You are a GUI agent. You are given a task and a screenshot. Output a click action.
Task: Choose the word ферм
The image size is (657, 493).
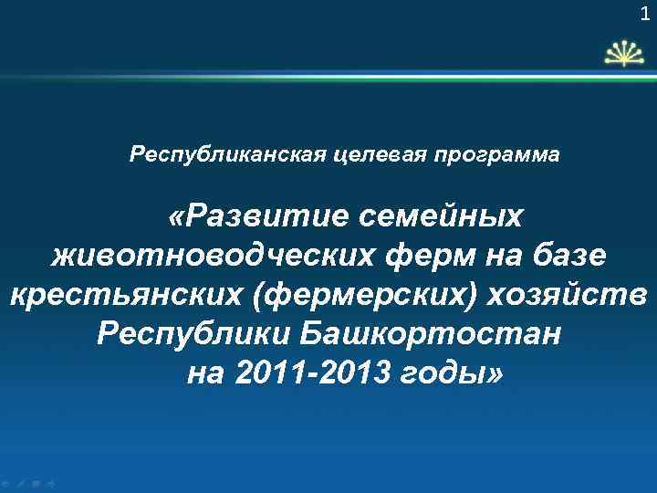pos(422,257)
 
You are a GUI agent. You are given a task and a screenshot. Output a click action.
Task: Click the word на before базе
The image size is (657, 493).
pos(504,257)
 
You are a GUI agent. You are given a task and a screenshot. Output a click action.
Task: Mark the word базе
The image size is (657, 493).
pos(568,257)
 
